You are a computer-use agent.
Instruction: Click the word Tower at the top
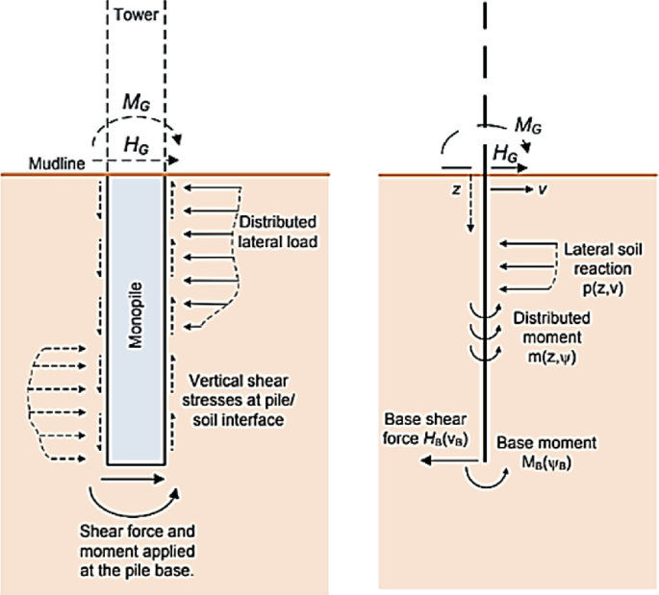(x=136, y=15)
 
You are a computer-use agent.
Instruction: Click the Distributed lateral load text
(x=279, y=231)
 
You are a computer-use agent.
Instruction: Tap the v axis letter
(x=544, y=190)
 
